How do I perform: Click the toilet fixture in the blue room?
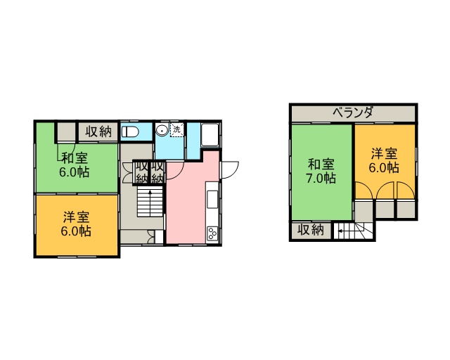130,132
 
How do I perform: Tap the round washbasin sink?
162,130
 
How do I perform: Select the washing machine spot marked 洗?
176,130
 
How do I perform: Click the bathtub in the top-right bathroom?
210,134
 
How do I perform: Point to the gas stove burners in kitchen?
212,233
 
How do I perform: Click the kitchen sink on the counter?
212,199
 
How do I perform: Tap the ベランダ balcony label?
353,112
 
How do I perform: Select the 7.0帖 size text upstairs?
321,179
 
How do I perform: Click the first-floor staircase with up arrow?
150,201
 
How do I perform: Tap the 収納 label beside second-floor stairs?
311,230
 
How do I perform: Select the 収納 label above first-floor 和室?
98,131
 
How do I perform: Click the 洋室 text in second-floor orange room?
385,153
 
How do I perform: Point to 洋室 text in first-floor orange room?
77,217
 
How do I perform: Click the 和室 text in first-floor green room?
75,158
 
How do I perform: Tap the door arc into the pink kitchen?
176,172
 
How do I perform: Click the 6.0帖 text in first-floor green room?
75,172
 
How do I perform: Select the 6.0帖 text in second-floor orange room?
384,167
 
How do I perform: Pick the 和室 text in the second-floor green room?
321,165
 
